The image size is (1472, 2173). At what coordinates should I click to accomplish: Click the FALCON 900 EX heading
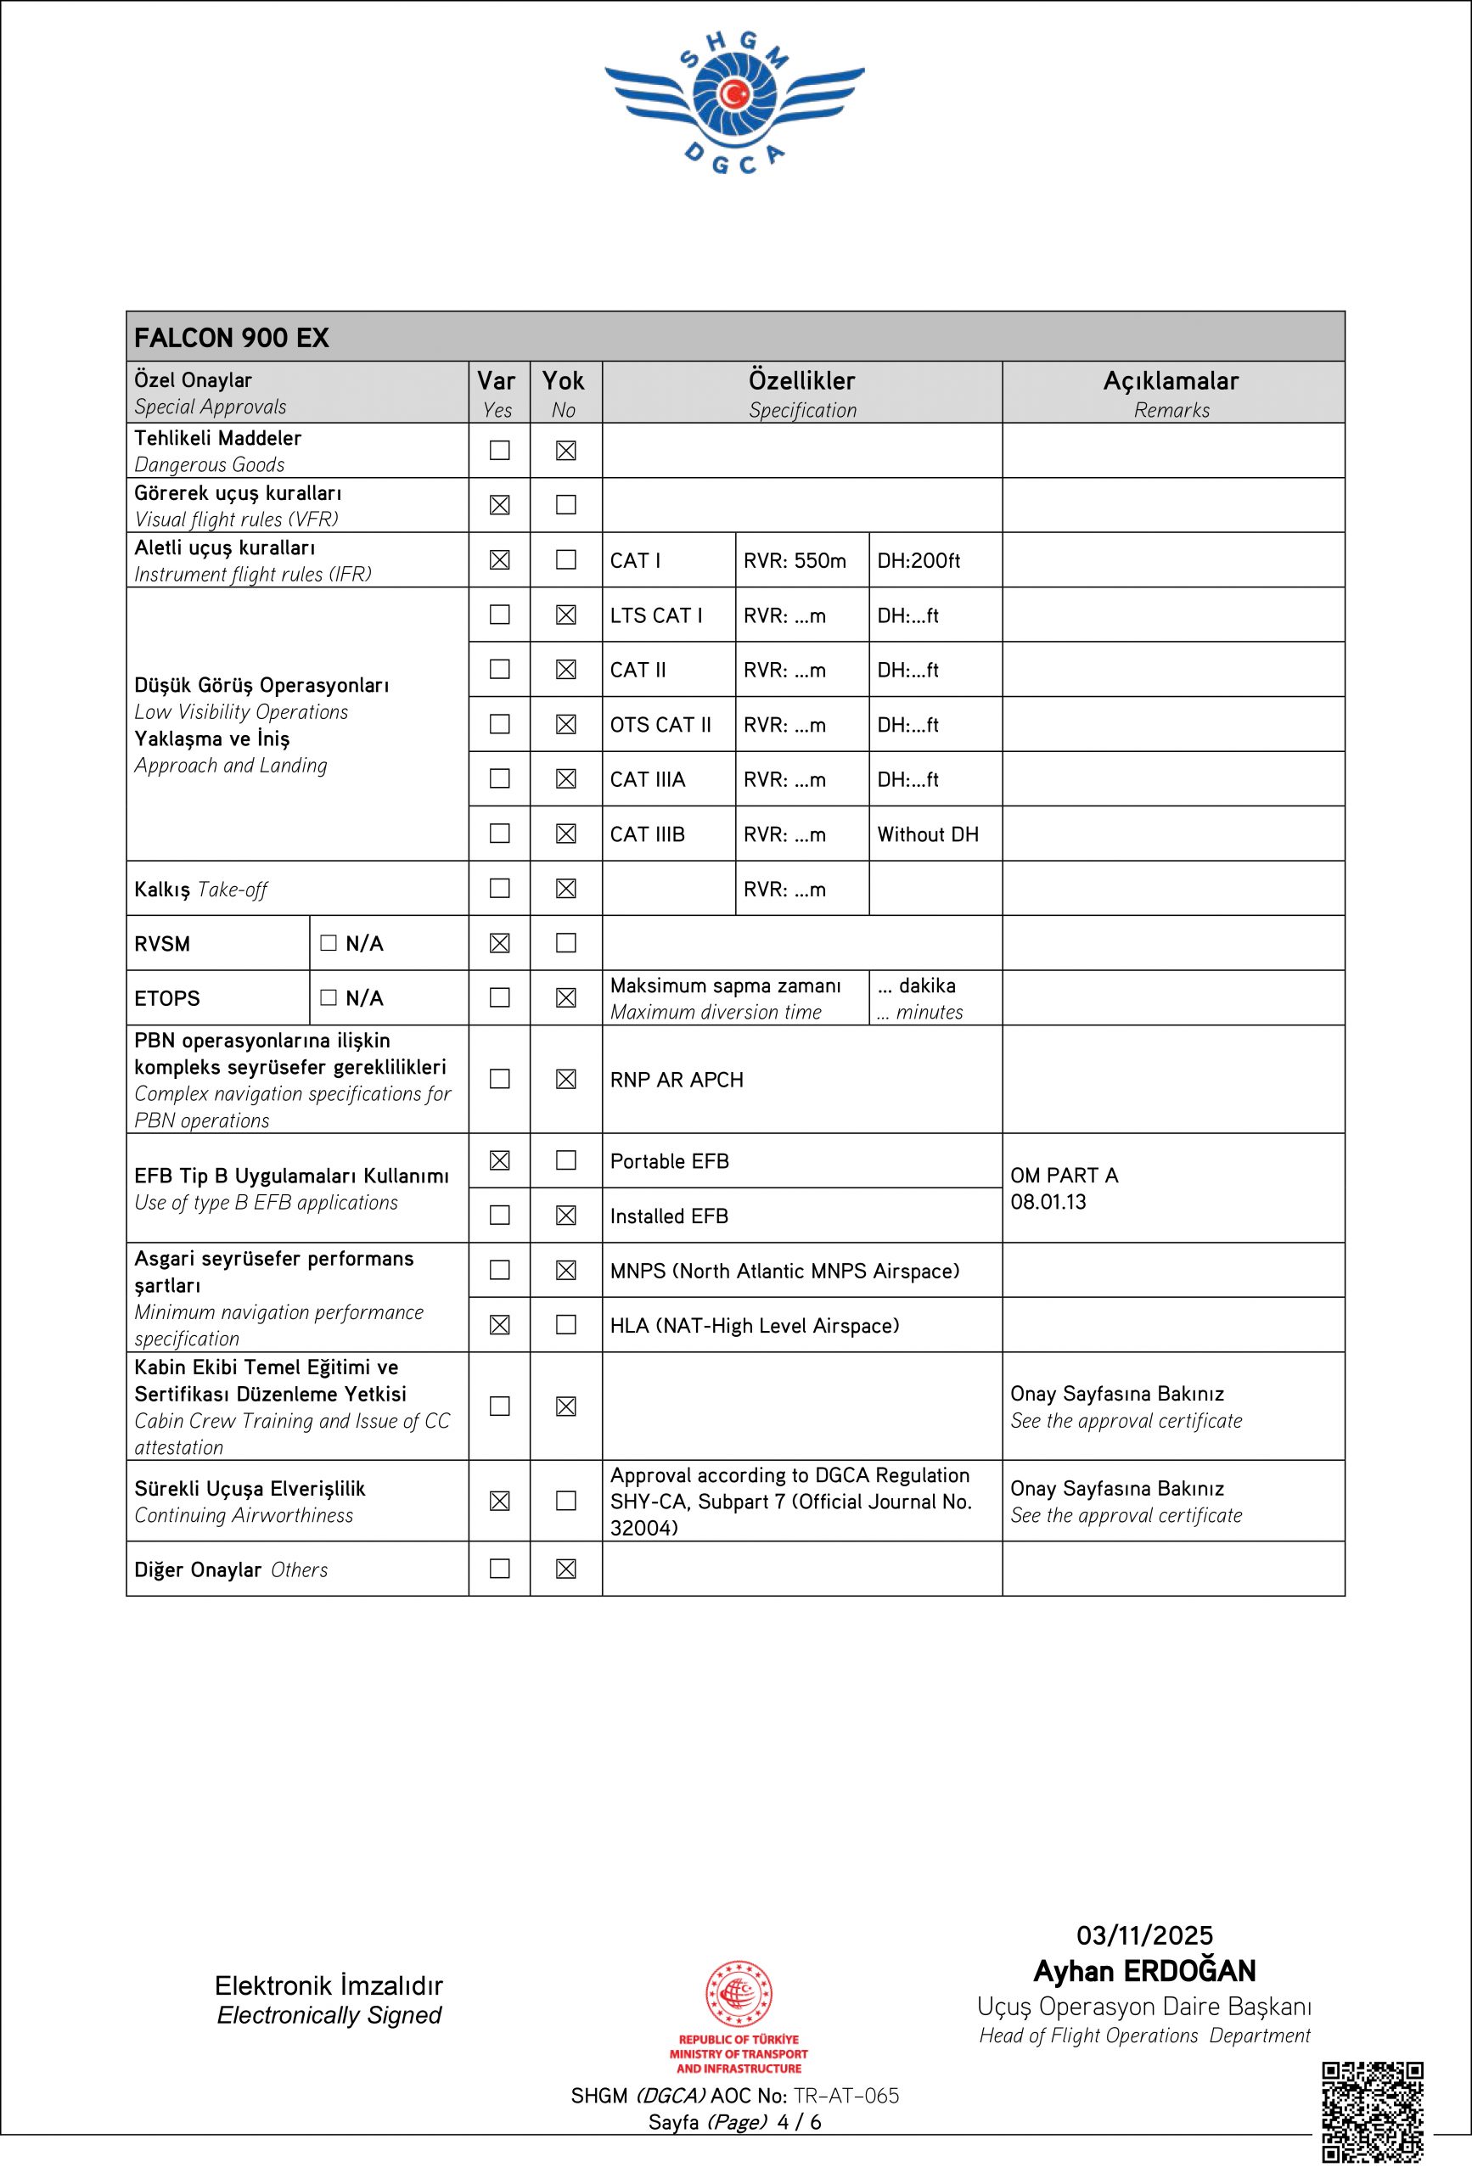point(232,338)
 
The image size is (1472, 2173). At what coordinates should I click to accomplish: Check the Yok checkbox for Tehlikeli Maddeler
point(565,451)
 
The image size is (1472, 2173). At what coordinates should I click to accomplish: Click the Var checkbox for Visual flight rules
point(499,505)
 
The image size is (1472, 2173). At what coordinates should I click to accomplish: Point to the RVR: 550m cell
point(794,561)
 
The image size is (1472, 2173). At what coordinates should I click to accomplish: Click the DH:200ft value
point(919,561)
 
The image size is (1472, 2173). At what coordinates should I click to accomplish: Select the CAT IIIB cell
point(647,834)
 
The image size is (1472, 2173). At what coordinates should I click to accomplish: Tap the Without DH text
point(928,834)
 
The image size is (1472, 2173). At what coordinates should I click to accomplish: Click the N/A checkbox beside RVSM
point(329,943)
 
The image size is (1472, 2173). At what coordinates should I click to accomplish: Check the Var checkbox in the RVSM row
point(499,943)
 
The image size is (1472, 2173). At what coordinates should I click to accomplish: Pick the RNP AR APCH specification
point(676,1080)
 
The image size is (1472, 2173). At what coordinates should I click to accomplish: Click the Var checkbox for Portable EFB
point(499,1160)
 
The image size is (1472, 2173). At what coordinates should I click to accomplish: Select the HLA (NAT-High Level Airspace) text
point(754,1325)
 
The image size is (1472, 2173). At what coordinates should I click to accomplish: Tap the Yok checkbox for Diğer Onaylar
point(565,1569)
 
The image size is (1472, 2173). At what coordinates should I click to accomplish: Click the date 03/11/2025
point(1143,1934)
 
